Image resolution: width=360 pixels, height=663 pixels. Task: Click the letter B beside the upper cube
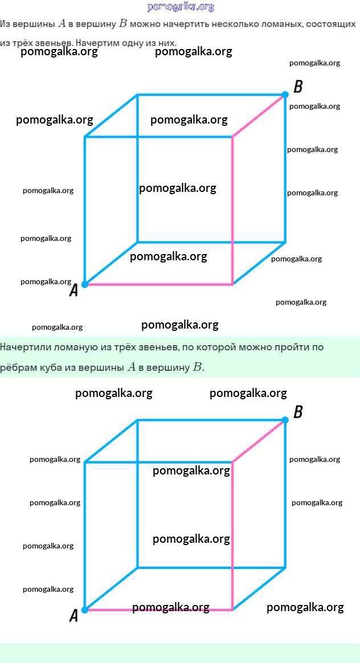pyautogui.click(x=298, y=87)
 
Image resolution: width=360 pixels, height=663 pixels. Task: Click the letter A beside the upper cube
pyautogui.click(x=73, y=290)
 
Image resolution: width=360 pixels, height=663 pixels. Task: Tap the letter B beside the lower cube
pyautogui.click(x=298, y=412)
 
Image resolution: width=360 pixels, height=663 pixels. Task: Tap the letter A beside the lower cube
pyautogui.click(x=73, y=616)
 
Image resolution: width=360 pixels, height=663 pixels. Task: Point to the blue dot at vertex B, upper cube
pyautogui.click(x=285, y=95)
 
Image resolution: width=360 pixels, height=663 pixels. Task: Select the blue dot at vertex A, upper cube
pyautogui.click(x=85, y=284)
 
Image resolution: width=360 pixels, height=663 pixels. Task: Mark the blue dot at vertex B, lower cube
pyautogui.click(x=285, y=420)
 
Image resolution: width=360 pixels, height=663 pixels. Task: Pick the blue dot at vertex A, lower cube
pyautogui.click(x=85, y=609)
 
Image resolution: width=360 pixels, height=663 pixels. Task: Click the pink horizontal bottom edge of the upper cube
pyautogui.click(x=158, y=284)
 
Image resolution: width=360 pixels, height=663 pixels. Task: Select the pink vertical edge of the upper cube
pyautogui.click(x=232, y=210)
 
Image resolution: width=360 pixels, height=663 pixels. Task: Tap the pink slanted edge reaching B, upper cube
pyautogui.click(x=259, y=116)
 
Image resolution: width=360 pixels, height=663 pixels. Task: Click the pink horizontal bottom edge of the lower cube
pyautogui.click(x=158, y=609)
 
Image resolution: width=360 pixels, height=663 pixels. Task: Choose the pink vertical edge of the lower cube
pyautogui.click(x=232, y=536)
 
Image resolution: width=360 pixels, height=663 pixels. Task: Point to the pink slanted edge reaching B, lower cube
pyautogui.click(x=259, y=441)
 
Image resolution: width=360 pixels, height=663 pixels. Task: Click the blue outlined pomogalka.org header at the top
pyautogui.click(x=181, y=7)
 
